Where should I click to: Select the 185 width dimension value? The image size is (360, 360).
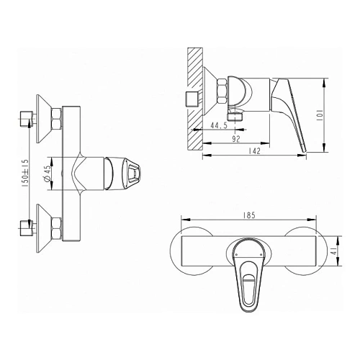(x=249, y=215)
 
